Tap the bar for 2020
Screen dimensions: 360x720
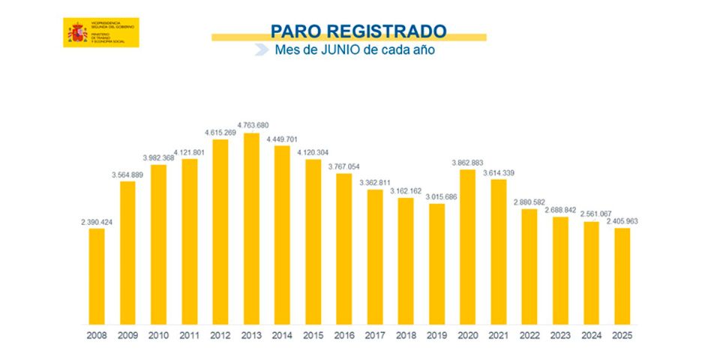click(468, 247)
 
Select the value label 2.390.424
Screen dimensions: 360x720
click(97, 221)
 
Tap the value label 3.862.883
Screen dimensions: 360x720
click(468, 163)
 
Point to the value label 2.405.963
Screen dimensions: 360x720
click(622, 221)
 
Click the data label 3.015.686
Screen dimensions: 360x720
click(436, 196)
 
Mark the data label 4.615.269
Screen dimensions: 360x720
click(221, 132)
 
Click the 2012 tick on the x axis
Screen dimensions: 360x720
click(220, 334)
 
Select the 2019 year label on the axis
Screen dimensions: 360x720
click(436, 334)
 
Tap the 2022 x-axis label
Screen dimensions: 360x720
click(529, 334)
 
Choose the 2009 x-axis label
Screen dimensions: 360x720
click(128, 334)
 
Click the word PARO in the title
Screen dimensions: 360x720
click(294, 31)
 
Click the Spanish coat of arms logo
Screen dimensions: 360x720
click(77, 32)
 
